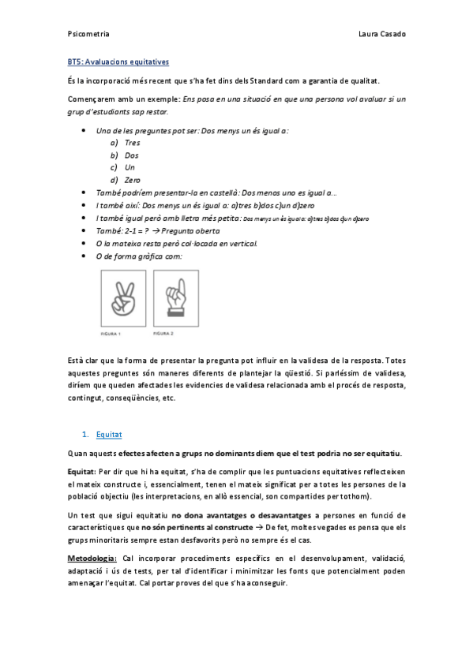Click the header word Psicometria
coord(88,35)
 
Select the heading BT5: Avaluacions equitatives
coord(118,61)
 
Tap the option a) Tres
coord(126,143)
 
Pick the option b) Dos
coord(126,155)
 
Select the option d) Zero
coord(126,180)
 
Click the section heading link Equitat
coord(109,434)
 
